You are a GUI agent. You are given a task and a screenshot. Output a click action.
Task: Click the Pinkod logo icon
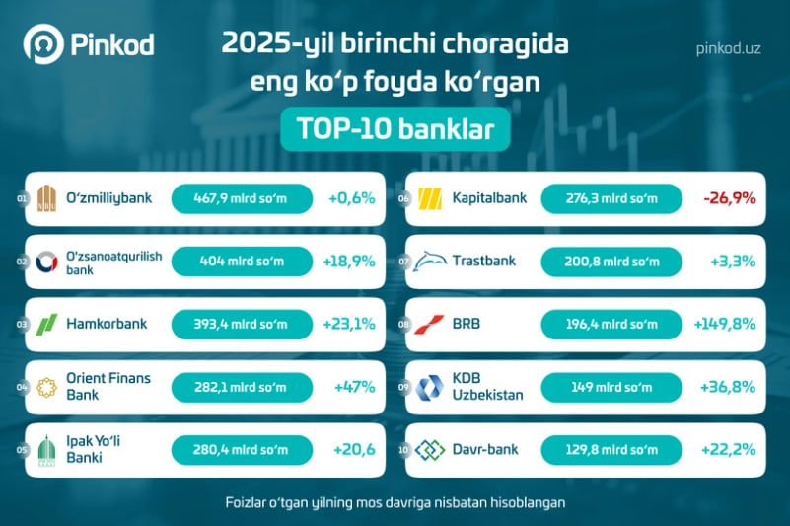click(x=43, y=43)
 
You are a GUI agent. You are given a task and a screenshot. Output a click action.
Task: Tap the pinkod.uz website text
click(x=728, y=49)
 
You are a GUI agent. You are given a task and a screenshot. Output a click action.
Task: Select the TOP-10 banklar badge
click(x=395, y=129)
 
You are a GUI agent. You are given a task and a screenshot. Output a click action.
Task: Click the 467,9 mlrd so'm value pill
click(x=242, y=198)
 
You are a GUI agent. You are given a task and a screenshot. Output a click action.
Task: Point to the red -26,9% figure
click(x=730, y=198)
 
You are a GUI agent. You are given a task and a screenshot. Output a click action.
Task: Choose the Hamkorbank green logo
click(x=46, y=325)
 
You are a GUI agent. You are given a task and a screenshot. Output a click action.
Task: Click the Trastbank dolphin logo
click(x=430, y=262)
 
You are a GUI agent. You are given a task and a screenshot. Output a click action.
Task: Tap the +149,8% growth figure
click(x=725, y=324)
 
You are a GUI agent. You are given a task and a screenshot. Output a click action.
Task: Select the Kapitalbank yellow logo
click(x=430, y=198)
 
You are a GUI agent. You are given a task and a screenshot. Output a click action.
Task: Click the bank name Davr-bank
click(x=484, y=449)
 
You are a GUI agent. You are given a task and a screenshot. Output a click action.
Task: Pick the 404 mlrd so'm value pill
click(x=242, y=262)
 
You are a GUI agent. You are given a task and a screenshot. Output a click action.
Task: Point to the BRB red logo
click(x=429, y=325)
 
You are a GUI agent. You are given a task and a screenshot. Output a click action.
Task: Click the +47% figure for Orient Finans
click(x=355, y=387)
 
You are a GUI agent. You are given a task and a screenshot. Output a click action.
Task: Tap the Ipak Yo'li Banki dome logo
click(x=46, y=450)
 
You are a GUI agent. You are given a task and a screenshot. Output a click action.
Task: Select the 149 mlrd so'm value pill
click(x=611, y=387)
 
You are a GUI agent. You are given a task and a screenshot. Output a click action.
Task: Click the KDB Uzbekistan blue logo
click(x=429, y=387)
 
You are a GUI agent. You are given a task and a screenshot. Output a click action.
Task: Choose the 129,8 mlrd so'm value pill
click(x=611, y=450)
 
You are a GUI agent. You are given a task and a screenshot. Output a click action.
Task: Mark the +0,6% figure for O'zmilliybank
click(x=352, y=198)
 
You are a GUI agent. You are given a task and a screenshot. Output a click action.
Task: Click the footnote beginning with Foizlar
click(x=395, y=502)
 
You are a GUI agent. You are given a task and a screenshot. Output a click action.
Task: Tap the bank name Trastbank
click(x=483, y=261)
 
